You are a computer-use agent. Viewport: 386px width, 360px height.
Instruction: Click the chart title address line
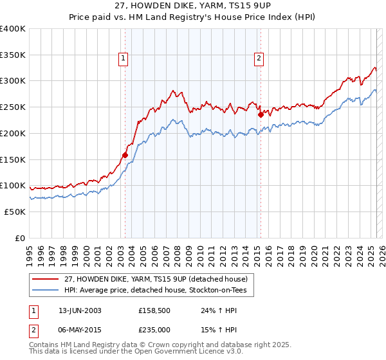point(192,6)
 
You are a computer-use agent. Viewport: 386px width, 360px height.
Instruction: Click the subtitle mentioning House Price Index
point(192,17)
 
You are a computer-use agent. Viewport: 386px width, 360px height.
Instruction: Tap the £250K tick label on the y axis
point(13,107)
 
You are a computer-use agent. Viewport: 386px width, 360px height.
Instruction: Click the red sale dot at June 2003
point(125,155)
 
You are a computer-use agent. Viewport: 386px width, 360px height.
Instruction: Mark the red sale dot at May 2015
point(261,115)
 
